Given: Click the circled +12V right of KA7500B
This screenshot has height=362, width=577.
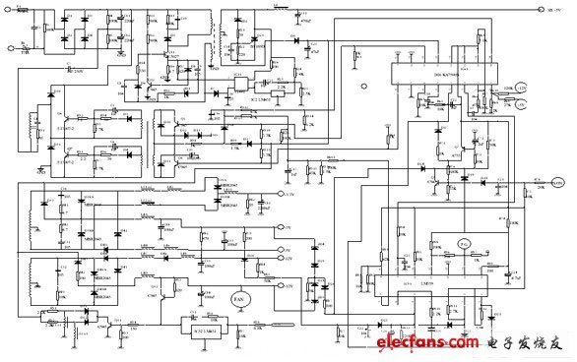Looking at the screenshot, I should point(548,89).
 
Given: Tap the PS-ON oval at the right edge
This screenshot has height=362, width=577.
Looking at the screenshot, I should point(557,182).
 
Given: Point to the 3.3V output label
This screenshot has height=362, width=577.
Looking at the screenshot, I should point(288,197).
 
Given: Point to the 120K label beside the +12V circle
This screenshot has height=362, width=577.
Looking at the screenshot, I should point(536,88).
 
